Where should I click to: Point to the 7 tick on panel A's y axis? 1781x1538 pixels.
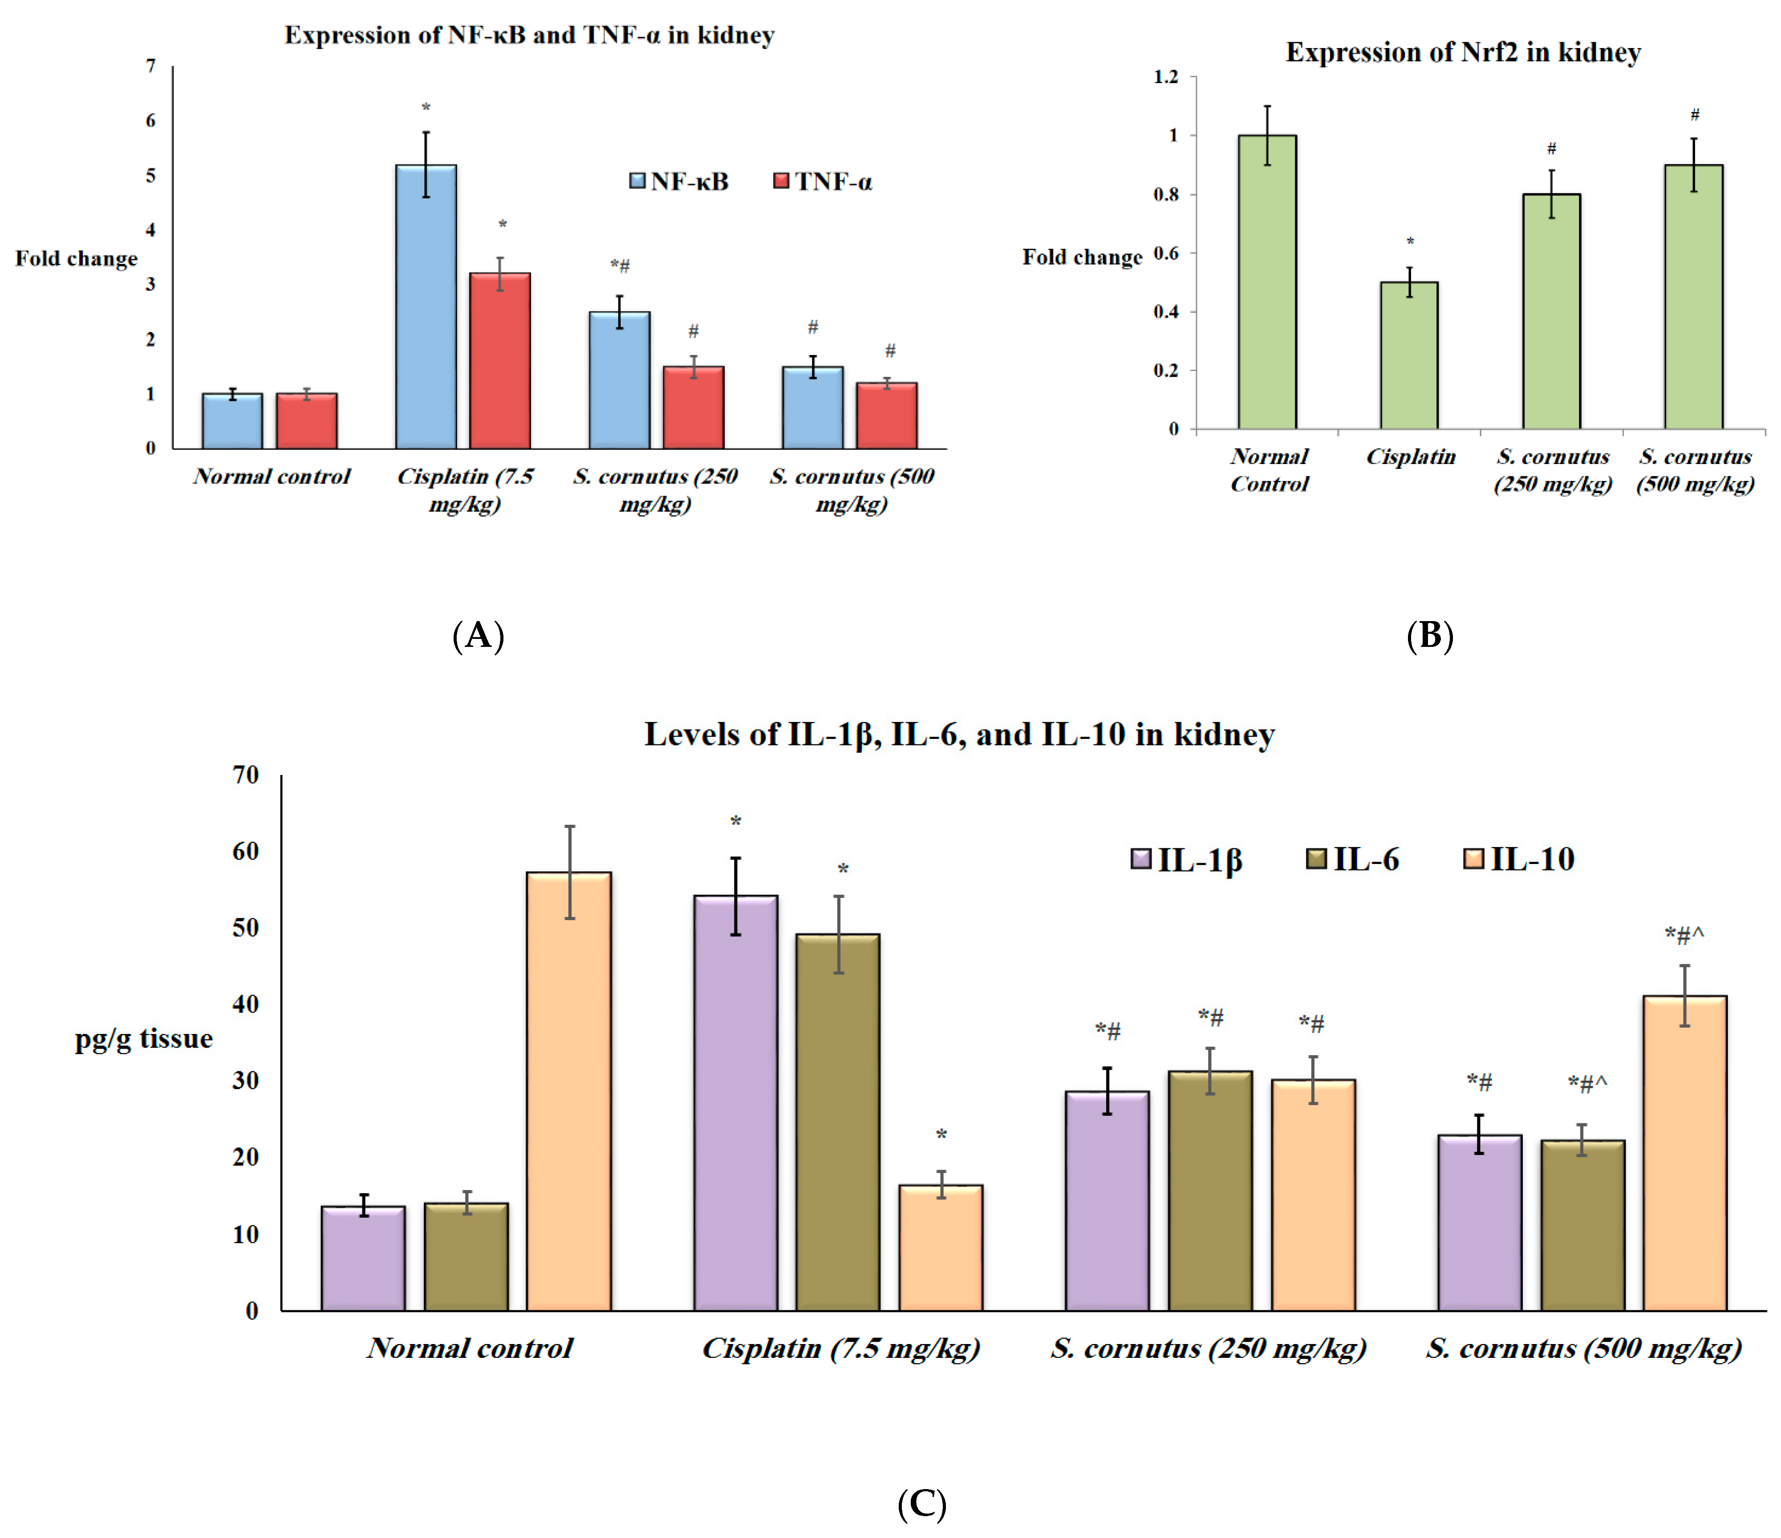151,66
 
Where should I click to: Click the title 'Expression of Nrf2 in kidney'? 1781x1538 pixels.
1463,52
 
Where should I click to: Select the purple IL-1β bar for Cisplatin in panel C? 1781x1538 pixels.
736,1102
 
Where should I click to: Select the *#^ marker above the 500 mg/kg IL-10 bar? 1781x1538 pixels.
1684,935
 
